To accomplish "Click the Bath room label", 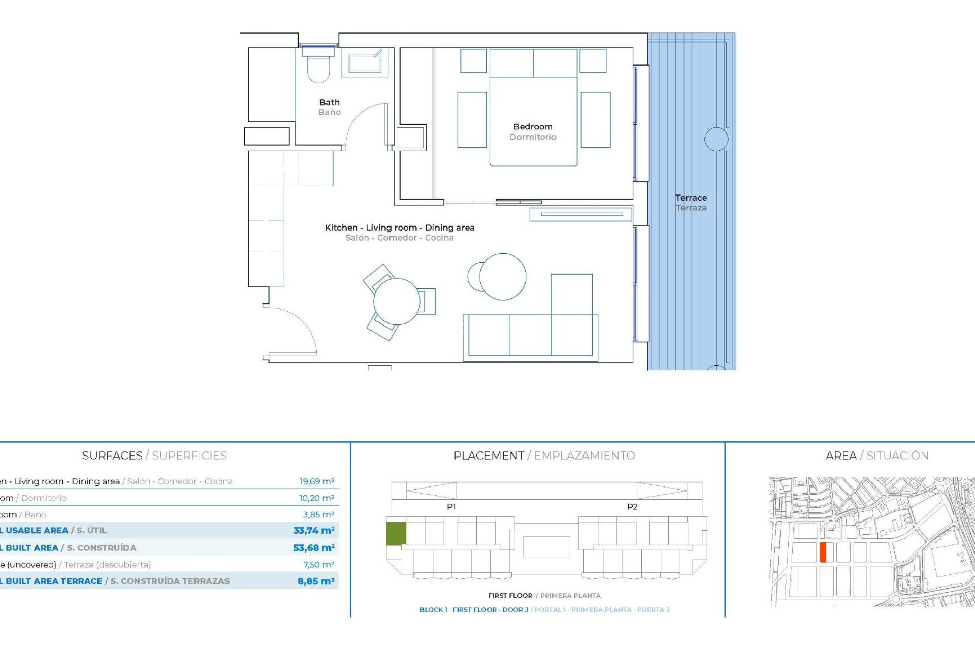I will (x=330, y=103).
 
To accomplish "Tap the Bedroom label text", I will (x=533, y=127).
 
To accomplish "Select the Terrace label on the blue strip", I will (x=691, y=198).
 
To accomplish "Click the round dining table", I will (x=397, y=302).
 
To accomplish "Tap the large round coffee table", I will (x=503, y=277).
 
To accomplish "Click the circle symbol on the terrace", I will (x=716, y=139).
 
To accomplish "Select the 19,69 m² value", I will (x=316, y=481).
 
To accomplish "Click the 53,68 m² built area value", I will (x=313, y=548).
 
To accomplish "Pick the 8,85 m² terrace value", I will (x=315, y=581).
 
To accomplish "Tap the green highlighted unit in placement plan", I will (x=396, y=533).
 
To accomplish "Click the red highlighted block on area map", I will (x=823, y=552).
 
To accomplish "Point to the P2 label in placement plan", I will (x=632, y=507).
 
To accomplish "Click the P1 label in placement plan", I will (x=451, y=507).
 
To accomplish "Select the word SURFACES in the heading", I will (x=112, y=456).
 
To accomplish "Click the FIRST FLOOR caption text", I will (x=510, y=596).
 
